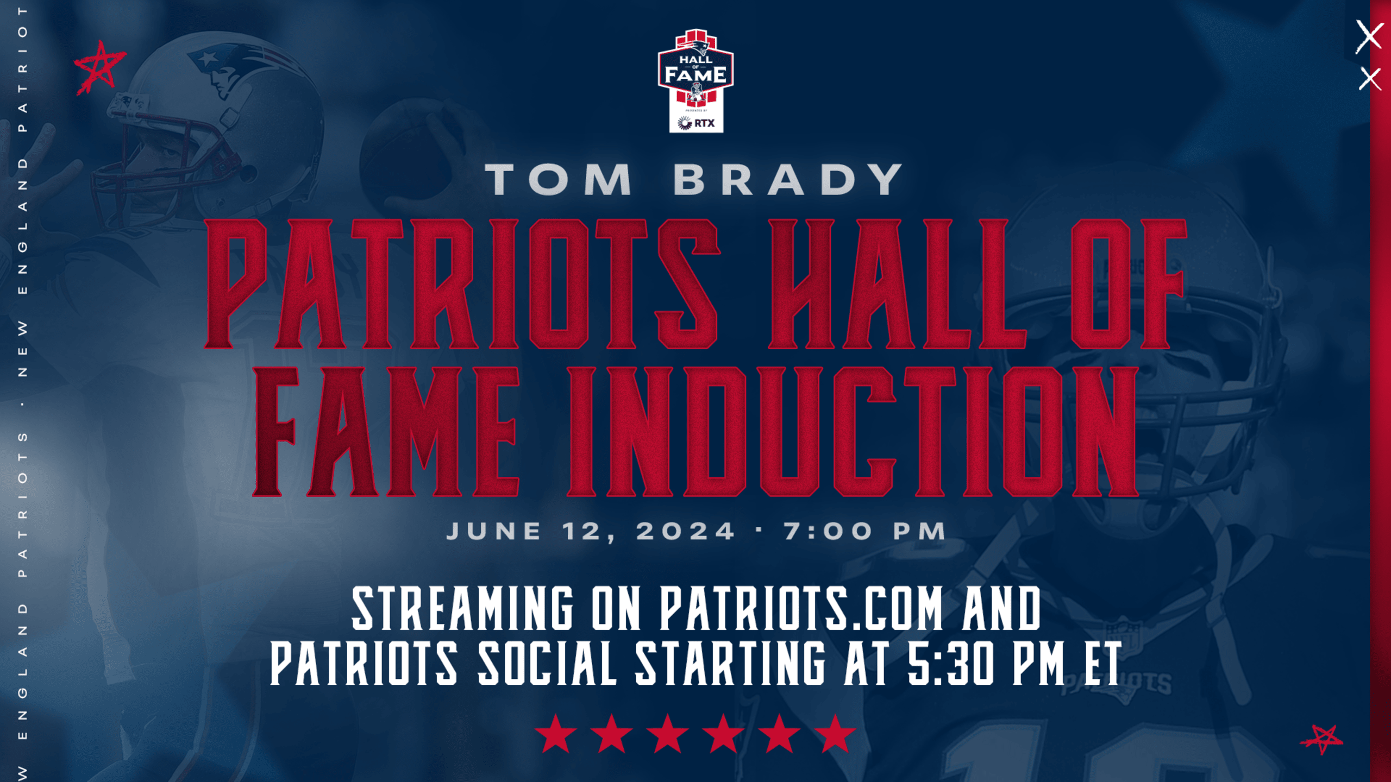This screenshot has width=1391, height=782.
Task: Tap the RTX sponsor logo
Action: (x=696, y=123)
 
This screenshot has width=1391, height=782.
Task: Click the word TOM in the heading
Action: (x=559, y=179)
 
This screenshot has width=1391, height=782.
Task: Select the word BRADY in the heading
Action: (x=788, y=179)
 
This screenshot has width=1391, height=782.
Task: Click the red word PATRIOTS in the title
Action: (x=462, y=283)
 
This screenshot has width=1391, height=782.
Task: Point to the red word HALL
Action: (x=897, y=283)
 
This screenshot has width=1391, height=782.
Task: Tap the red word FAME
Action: (x=386, y=432)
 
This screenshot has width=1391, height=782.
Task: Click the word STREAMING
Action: (x=462, y=609)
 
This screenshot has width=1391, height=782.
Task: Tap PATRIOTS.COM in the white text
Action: (x=801, y=609)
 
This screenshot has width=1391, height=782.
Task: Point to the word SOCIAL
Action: (x=547, y=663)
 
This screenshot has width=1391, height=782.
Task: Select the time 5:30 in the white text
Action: (x=951, y=663)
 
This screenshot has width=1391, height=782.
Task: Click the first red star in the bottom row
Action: (x=556, y=734)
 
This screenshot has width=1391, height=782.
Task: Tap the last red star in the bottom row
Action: (x=835, y=734)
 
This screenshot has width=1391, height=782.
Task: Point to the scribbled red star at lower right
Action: (x=1322, y=739)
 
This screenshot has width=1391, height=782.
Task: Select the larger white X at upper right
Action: (x=1369, y=36)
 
